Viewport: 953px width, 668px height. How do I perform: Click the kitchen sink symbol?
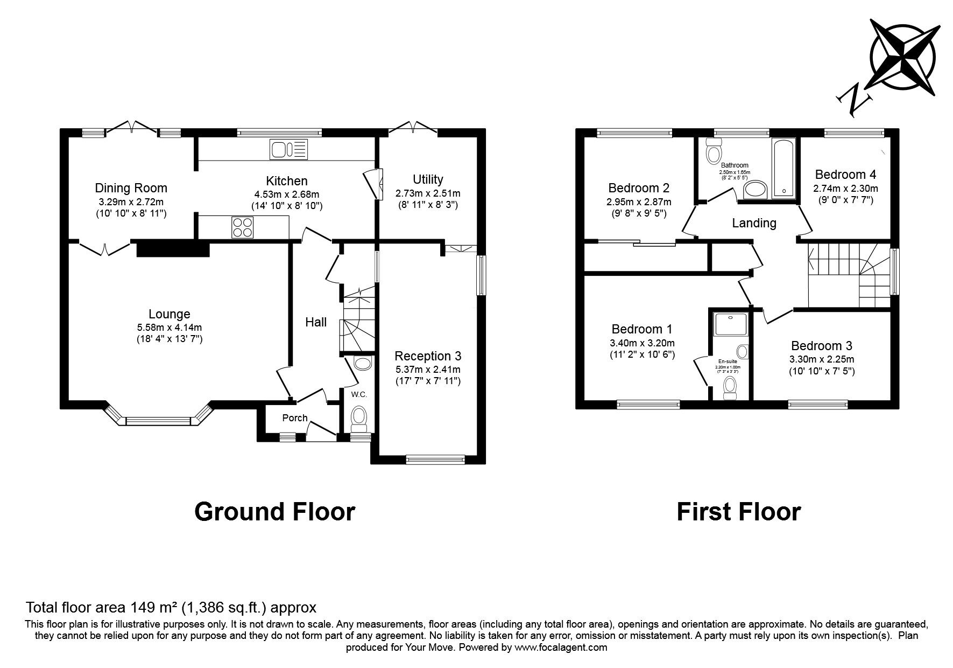(289, 149)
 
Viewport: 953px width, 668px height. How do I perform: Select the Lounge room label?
(170, 314)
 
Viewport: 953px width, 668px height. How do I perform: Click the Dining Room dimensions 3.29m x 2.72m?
(131, 202)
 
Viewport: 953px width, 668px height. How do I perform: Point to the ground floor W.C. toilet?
(359, 419)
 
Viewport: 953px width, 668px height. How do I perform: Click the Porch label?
(295, 418)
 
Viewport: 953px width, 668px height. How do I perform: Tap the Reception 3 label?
(428, 356)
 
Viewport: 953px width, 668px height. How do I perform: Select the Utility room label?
(428, 179)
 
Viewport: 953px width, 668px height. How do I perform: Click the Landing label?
(754, 223)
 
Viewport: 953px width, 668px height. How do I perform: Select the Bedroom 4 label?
(845, 175)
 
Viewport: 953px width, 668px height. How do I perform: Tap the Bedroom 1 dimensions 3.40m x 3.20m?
(642, 343)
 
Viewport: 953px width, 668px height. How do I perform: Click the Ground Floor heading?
(274, 511)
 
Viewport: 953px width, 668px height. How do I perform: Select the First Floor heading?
(738, 511)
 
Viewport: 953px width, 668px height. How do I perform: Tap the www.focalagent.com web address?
(561, 648)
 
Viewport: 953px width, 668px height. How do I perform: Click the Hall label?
(316, 322)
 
